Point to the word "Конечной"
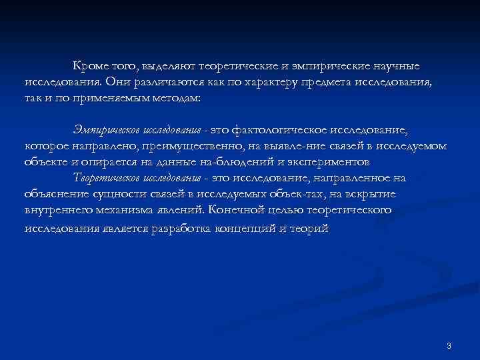236,210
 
